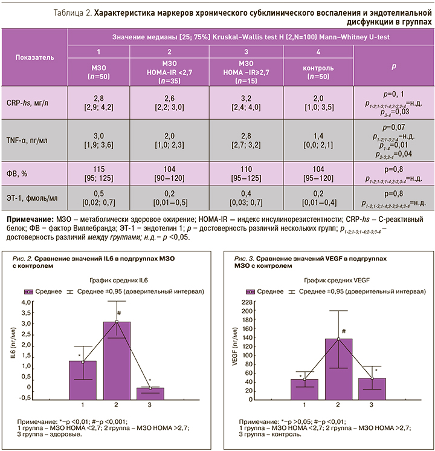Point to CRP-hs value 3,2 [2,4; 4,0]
click(x=246, y=103)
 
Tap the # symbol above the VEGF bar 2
click(x=343, y=331)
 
